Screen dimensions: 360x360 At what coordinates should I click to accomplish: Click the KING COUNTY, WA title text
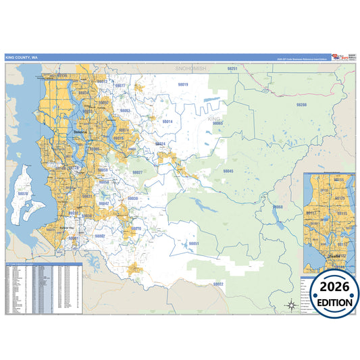tap(22, 57)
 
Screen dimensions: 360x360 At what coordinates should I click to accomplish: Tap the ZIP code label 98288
tap(301, 105)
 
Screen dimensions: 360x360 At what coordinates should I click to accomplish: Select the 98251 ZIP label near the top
tap(232, 69)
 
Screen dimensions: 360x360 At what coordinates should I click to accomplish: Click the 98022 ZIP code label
tap(218, 284)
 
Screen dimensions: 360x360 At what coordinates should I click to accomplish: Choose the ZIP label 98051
tap(194, 242)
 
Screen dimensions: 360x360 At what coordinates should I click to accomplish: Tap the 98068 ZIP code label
tap(278, 207)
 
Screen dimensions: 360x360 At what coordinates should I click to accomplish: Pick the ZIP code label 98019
tap(182, 84)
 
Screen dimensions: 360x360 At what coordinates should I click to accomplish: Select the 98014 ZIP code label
tap(167, 122)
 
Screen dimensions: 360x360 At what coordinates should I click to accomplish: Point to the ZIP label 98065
tap(217, 124)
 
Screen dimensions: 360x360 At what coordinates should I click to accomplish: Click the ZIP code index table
tap(43, 288)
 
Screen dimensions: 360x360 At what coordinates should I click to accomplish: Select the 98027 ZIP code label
tap(137, 172)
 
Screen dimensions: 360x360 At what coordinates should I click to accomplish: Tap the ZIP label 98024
tap(160, 144)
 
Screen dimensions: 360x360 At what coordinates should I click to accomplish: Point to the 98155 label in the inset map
tap(340, 180)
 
